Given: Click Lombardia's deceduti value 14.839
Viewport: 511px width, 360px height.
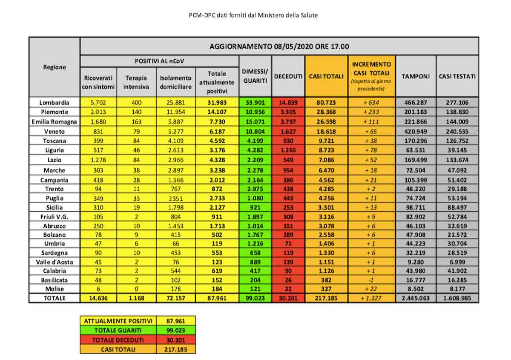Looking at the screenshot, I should [x=288, y=103].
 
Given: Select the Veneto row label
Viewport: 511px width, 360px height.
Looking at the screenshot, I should [x=54, y=131].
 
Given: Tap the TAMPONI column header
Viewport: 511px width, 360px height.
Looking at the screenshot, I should [x=416, y=76].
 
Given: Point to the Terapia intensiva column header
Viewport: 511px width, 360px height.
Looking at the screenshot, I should [x=136, y=82].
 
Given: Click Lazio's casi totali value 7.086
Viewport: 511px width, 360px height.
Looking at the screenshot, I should [x=326, y=160].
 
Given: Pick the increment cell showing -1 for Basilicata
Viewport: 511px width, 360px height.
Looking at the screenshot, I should [x=371, y=280].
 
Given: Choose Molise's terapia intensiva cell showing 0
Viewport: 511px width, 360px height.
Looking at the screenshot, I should [x=136, y=289].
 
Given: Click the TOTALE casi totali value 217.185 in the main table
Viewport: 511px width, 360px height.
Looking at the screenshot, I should [x=326, y=299].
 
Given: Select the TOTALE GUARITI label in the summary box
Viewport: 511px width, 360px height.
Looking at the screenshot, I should [x=118, y=330].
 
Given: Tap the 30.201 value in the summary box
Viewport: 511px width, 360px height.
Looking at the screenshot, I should [x=175, y=340].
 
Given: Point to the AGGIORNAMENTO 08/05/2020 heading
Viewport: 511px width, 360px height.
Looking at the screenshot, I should [x=279, y=46].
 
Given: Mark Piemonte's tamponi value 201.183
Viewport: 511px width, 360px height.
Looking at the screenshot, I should [x=416, y=112].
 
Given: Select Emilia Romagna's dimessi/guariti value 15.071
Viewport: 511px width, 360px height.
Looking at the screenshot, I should [x=255, y=122].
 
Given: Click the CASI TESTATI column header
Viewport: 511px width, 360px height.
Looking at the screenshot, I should [x=457, y=76].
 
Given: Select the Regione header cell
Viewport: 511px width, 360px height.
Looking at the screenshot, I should [x=54, y=67].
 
